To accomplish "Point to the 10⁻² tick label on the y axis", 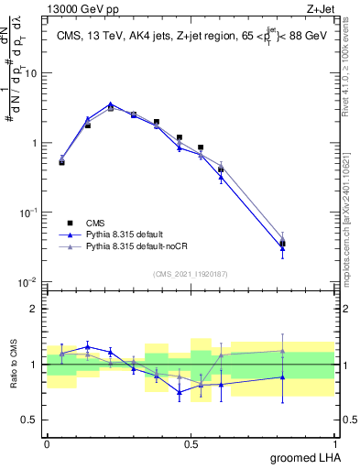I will click(x=30, y=281).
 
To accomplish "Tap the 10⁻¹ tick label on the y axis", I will click(x=30, y=212).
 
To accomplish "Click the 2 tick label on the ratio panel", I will click(x=37, y=309).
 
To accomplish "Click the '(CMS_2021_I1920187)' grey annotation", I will click(x=190, y=273).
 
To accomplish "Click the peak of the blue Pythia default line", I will click(x=111, y=104).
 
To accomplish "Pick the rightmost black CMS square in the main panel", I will click(x=282, y=244).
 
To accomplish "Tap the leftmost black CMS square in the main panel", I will click(x=61, y=162).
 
